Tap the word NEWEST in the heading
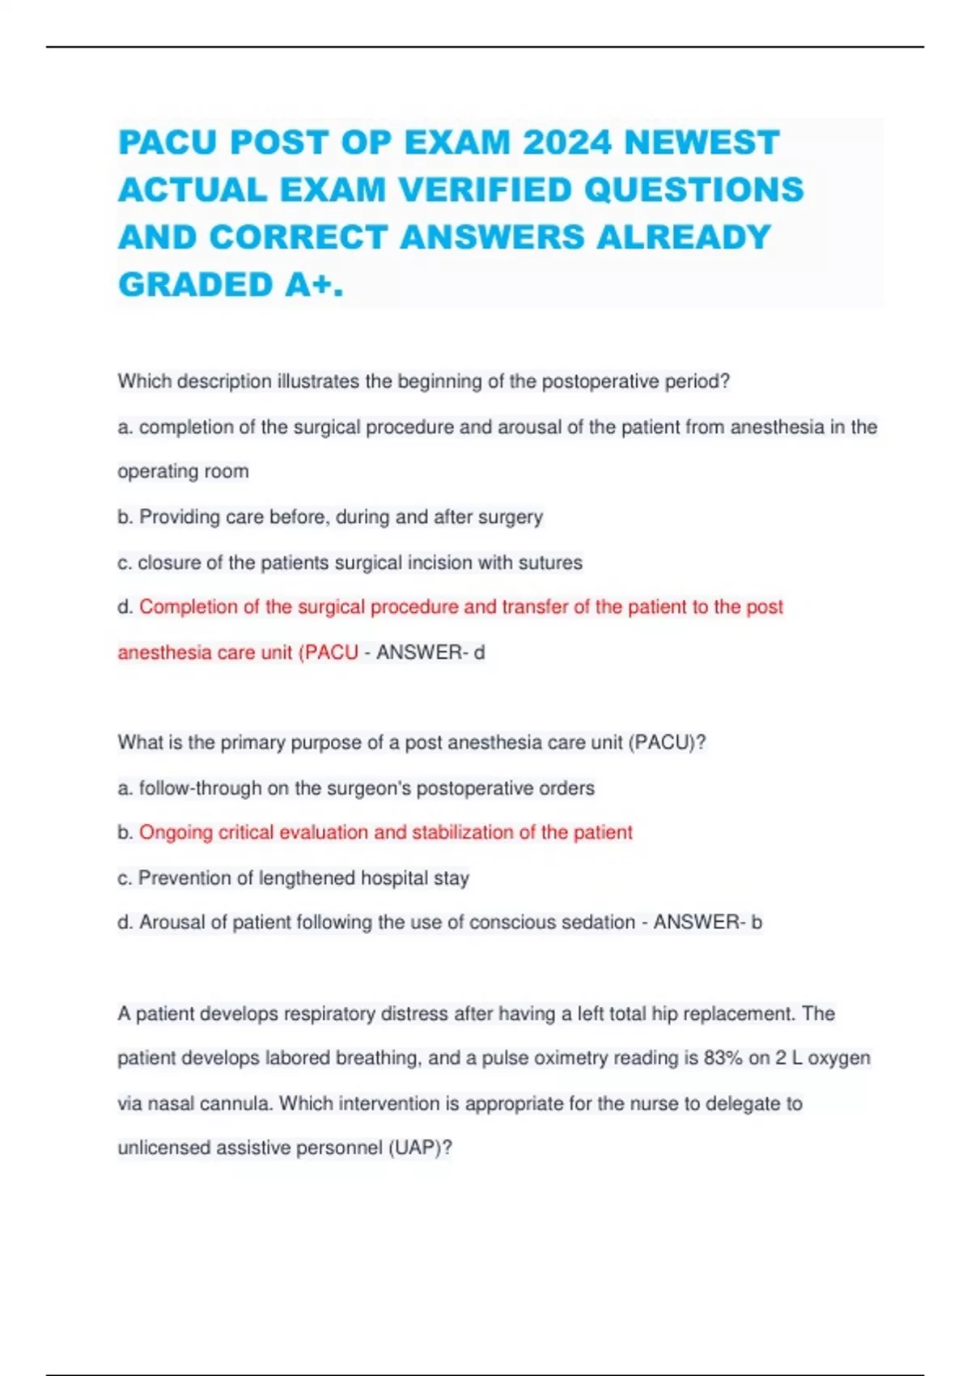[702, 142]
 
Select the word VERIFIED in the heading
[485, 190]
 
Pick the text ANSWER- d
[430, 652]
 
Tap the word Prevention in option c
[184, 877]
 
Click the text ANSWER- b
[708, 922]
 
